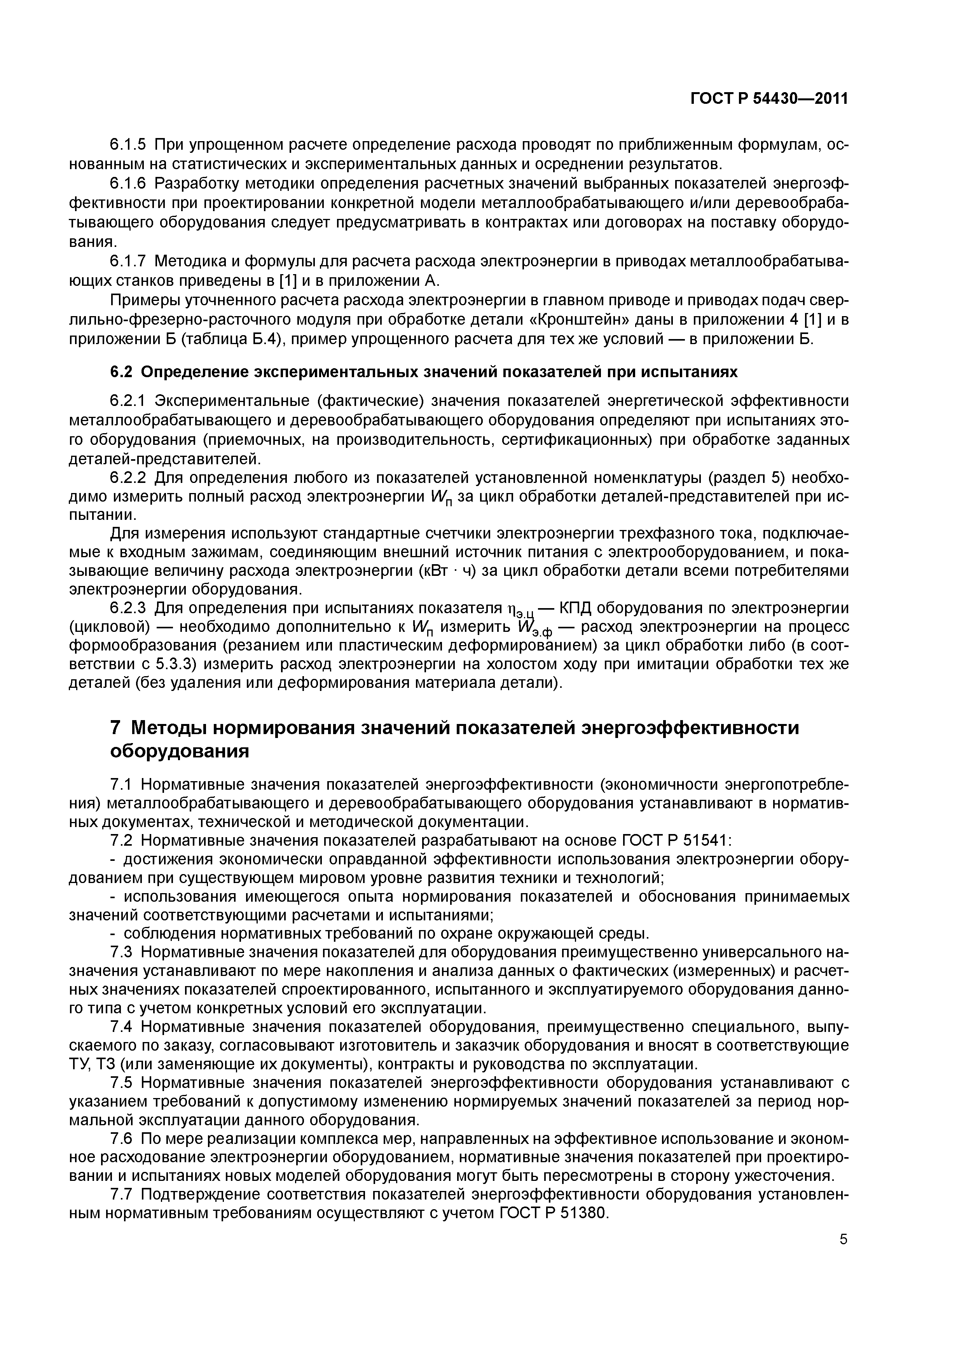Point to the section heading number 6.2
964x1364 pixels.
point(123,372)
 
